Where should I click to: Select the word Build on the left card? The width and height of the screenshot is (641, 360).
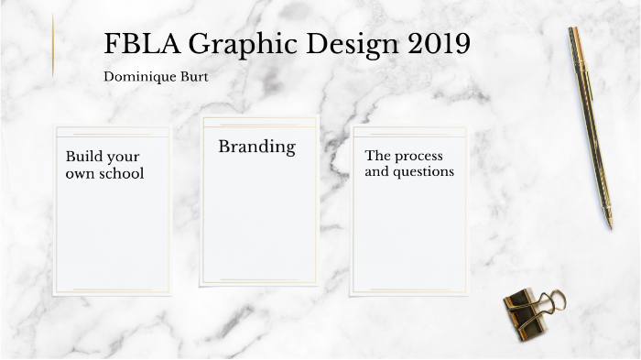click(82, 156)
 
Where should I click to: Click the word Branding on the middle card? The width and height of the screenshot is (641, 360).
click(256, 146)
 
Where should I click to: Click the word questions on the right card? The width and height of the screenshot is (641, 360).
click(423, 171)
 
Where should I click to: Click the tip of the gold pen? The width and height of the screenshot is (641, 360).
click(609, 224)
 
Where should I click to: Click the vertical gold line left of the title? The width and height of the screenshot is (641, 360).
click(53, 46)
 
